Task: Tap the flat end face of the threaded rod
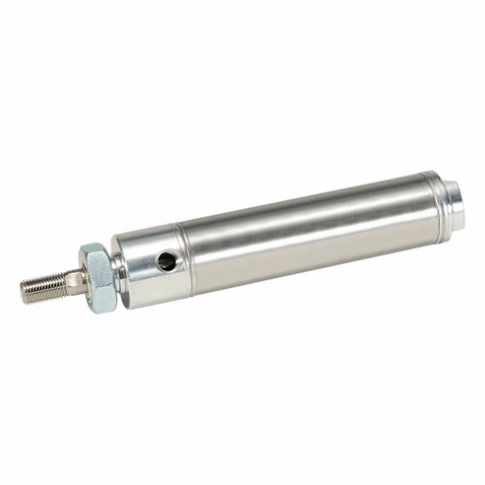[x=25, y=290]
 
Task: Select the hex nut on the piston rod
[x=96, y=278]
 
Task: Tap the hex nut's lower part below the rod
[x=101, y=301]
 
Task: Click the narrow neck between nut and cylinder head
[x=119, y=273]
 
